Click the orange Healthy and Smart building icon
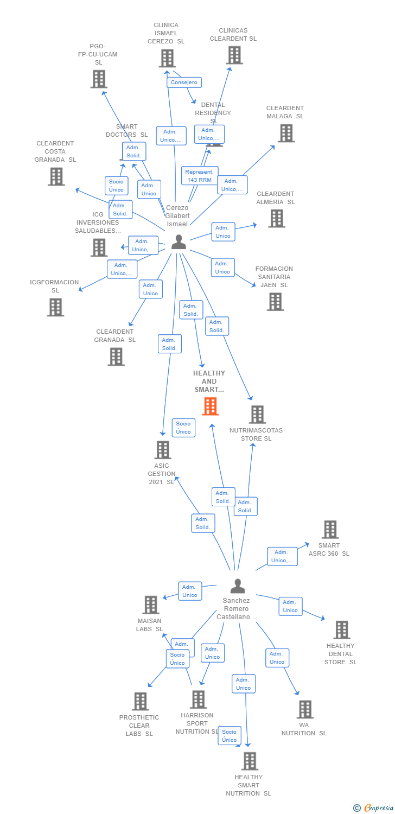210,406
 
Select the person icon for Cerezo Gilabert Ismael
179,243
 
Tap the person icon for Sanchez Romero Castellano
238,586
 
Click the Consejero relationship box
184,82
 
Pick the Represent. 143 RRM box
199,176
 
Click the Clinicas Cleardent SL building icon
234,55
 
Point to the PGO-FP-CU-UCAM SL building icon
99,79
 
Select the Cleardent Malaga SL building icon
286,133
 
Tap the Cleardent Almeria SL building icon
276,218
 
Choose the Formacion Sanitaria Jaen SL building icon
275,302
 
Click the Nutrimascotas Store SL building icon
257,415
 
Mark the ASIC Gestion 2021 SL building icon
163,450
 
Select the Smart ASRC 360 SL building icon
330,530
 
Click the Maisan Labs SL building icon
150,605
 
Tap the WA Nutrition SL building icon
305,709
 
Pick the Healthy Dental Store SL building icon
341,630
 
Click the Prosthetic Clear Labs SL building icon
140,701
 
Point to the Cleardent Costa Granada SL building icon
56,176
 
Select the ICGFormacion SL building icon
55,307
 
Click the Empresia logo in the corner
374,807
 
